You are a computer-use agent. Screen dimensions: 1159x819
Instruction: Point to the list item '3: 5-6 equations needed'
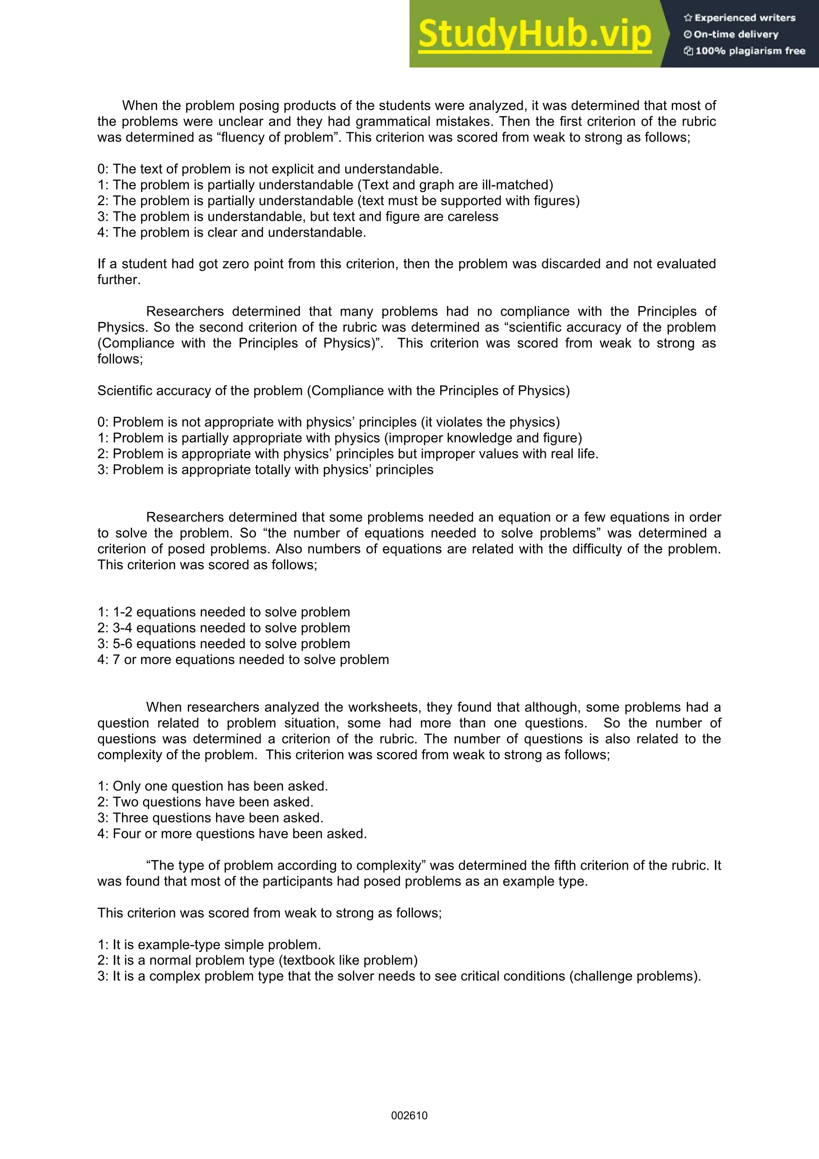(224, 644)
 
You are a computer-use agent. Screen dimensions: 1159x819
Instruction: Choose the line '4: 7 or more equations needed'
(243, 660)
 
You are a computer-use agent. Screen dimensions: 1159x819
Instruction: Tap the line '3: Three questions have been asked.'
(210, 818)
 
